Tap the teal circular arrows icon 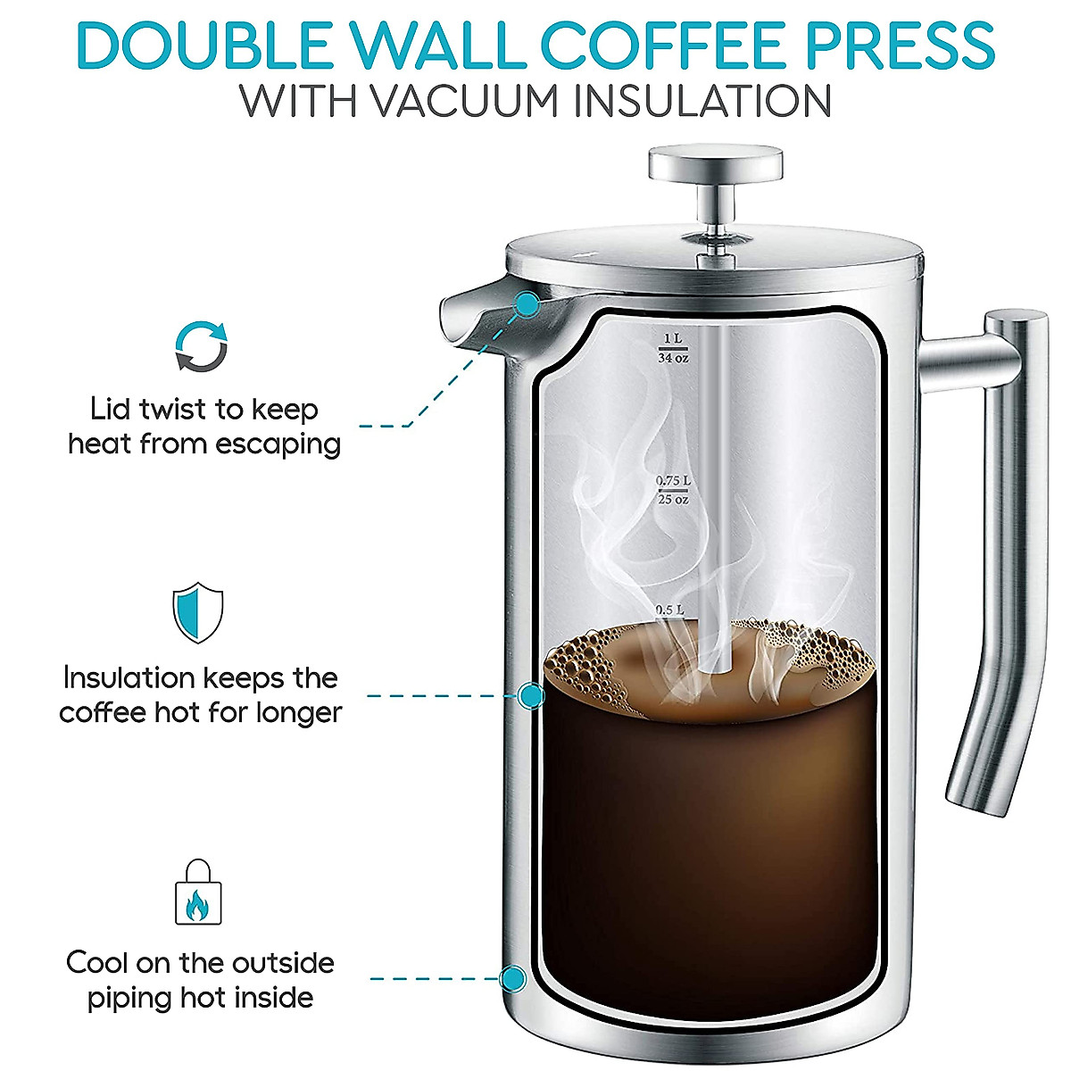[x=200, y=346]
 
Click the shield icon [x=197, y=612]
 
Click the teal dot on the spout [x=527, y=305]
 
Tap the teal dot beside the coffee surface [x=532, y=695]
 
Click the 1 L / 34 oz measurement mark [x=673, y=348]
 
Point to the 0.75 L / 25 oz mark [x=673, y=490]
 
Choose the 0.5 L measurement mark [x=669, y=610]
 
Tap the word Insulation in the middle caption [x=129, y=678]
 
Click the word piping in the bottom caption [x=125, y=998]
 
